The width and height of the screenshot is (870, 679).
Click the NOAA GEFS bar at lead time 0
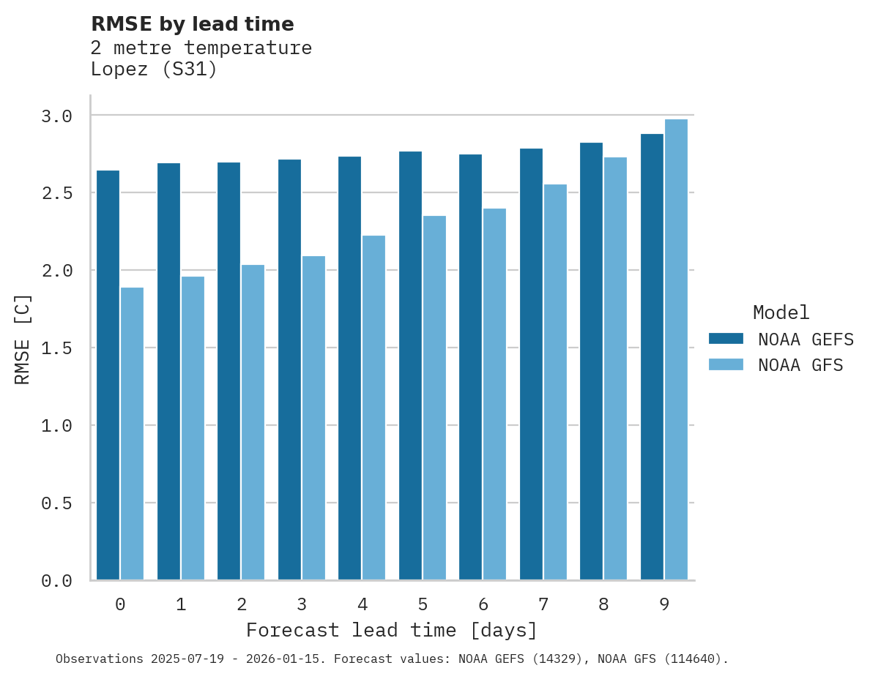point(108,375)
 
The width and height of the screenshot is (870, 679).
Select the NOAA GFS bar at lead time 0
point(132,433)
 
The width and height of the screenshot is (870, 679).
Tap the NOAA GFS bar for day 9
point(676,349)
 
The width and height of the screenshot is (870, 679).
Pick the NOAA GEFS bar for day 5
point(410,365)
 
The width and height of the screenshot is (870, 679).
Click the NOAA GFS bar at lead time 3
point(313,418)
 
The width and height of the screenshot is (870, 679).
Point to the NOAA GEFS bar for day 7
point(531,364)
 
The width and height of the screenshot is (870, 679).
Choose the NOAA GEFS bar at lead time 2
point(228,371)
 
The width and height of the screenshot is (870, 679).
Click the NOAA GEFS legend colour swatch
point(726,339)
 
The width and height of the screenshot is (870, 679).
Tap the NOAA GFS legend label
point(800,365)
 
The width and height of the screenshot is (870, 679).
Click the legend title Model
point(781,312)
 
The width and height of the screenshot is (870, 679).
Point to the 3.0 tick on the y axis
point(56,116)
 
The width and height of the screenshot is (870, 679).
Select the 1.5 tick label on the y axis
point(56,348)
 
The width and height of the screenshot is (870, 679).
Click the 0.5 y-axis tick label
point(56,503)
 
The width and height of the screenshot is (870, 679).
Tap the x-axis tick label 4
point(362,604)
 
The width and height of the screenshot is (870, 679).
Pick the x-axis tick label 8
point(603,604)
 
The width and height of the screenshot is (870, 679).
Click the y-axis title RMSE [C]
point(23,339)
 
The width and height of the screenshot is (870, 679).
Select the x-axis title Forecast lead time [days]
point(392,630)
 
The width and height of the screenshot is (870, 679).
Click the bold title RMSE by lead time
point(192,24)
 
